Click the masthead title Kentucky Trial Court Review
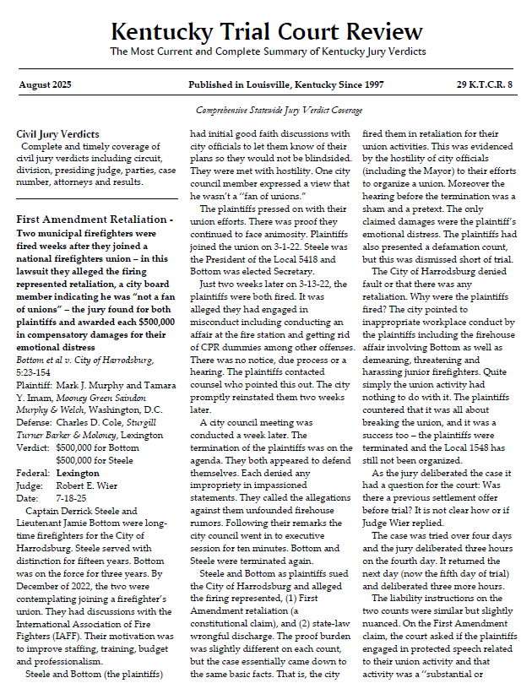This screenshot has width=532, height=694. point(266,32)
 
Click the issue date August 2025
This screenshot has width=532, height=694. point(45,85)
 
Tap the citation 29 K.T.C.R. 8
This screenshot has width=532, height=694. point(485,85)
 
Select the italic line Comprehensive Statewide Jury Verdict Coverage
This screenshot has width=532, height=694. point(279,111)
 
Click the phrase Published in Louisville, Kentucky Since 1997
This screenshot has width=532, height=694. point(286,85)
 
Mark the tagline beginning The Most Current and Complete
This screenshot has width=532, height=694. point(266,52)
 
